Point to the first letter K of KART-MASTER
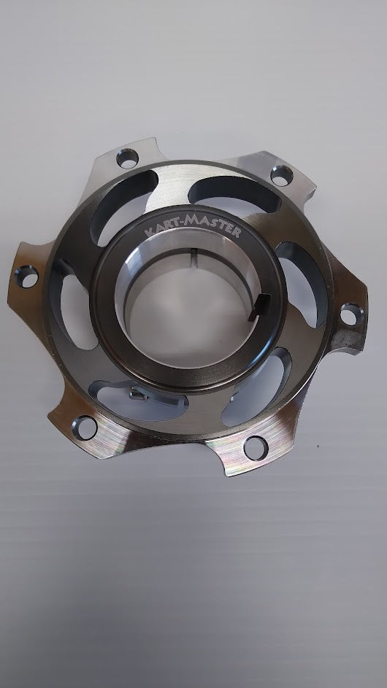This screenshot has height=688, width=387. tap(149, 232)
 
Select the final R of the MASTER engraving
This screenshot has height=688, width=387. tap(237, 233)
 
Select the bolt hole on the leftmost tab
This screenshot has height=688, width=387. tap(26, 277)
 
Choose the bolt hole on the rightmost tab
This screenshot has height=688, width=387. tap(352, 314)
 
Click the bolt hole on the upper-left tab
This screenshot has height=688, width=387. tap(127, 158)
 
